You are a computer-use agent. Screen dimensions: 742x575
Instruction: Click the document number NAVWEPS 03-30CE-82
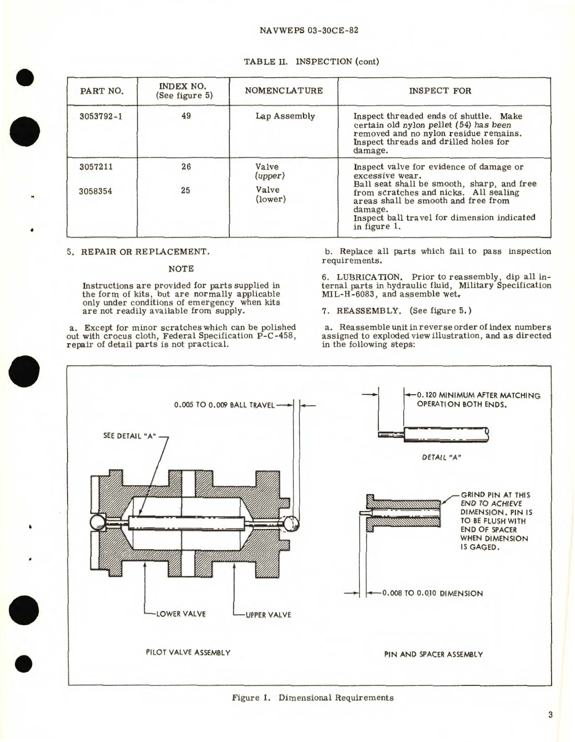pyautogui.click(x=308, y=31)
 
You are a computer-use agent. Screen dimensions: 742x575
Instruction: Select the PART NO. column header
pyautogui.click(x=102, y=91)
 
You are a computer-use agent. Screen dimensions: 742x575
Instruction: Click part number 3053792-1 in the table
pyautogui.click(x=101, y=116)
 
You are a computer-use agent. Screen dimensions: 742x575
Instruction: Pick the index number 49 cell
pyautogui.click(x=186, y=116)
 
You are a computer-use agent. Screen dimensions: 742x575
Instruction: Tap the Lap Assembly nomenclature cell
pyautogui.click(x=285, y=116)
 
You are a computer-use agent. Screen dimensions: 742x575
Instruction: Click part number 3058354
pyautogui.click(x=95, y=191)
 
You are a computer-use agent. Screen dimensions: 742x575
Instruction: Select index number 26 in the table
pyautogui.click(x=186, y=167)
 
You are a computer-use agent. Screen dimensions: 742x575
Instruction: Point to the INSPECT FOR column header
pyautogui.click(x=440, y=91)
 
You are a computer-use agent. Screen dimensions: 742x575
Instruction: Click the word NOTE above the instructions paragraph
pyautogui.click(x=181, y=269)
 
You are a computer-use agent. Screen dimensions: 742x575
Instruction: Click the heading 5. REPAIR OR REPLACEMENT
pyautogui.click(x=138, y=252)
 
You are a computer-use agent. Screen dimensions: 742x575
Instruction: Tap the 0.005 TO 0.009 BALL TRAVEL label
pyautogui.click(x=224, y=405)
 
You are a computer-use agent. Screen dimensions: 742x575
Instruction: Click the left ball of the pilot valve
pyautogui.click(x=99, y=523)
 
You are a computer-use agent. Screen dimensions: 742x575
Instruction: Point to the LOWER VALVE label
pyautogui.click(x=181, y=614)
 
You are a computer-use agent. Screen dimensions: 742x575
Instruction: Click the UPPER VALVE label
pyautogui.click(x=268, y=615)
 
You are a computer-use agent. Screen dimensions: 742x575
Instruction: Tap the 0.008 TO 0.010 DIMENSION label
pyautogui.click(x=432, y=593)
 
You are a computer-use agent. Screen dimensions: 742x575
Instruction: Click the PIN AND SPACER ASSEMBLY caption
pyautogui.click(x=433, y=654)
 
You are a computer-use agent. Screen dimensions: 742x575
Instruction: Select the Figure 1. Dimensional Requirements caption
pyautogui.click(x=313, y=697)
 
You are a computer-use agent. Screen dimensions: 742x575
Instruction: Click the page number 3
pyautogui.click(x=550, y=714)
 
